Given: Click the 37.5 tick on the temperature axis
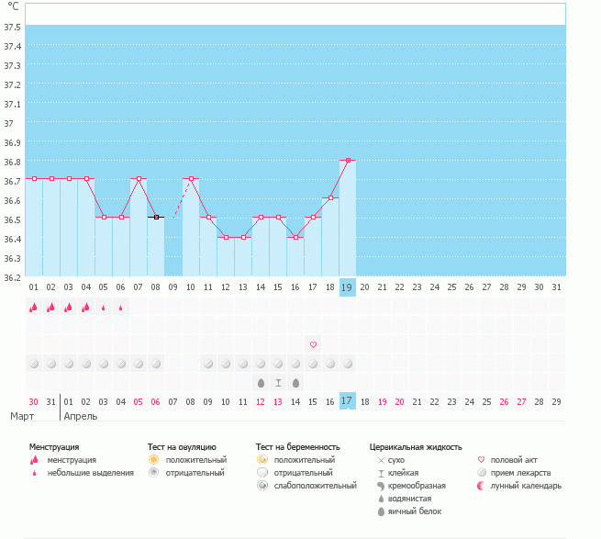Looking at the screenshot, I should [12, 27].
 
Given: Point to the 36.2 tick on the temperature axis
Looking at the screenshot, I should [12, 276].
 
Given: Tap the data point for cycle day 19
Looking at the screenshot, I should [348, 160].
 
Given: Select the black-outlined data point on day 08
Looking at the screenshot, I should [156, 217].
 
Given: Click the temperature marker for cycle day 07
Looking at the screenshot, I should [139, 178].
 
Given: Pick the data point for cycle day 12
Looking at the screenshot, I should [226, 237].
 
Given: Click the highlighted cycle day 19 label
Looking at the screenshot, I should [347, 287].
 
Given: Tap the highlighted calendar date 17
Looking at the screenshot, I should [347, 401].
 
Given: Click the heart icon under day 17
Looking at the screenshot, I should [313, 344].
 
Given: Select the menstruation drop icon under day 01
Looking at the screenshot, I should [33, 308].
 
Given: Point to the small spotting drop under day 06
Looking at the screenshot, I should [121, 309].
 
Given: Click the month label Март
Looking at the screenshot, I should [23, 416].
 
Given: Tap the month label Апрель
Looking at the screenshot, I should [81, 416].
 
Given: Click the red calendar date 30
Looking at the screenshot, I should [33, 401].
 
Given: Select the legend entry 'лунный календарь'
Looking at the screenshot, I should [525, 485].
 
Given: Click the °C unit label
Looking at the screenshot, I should [14, 6].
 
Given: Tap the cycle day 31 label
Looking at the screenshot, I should [556, 287].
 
